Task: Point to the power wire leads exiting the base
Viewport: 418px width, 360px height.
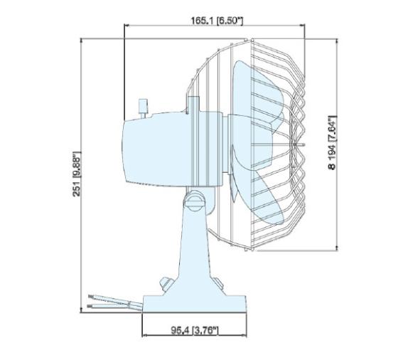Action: tap(107, 300)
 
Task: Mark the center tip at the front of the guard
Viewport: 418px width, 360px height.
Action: tap(304, 145)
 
